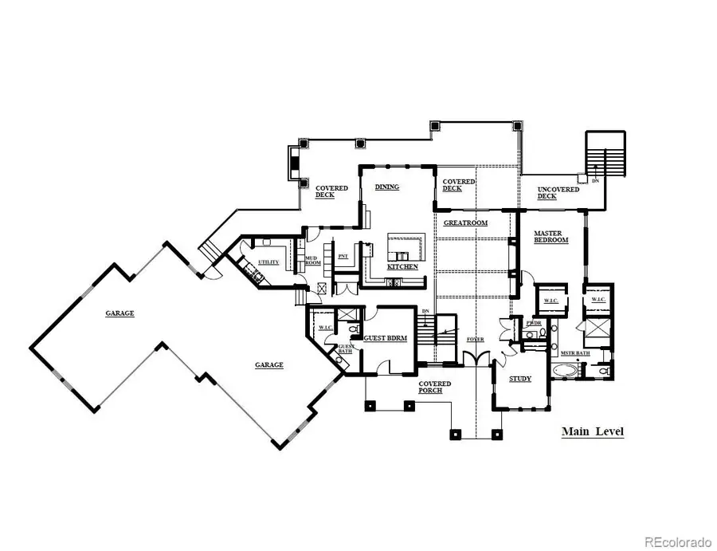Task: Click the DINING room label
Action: click(x=387, y=187)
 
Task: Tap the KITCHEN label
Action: click(x=402, y=266)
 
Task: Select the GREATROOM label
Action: click(x=465, y=222)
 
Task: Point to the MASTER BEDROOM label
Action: click(x=550, y=236)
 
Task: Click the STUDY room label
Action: click(x=520, y=378)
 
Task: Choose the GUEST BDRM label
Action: click(x=386, y=338)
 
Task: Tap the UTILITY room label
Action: click(x=268, y=262)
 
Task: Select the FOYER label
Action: click(x=476, y=340)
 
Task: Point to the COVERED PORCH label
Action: click(x=435, y=388)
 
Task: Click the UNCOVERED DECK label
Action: click(x=550, y=191)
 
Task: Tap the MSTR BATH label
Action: click(x=574, y=352)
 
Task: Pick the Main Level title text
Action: click(x=593, y=432)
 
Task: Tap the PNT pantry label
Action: click(x=343, y=256)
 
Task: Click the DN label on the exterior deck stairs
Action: click(x=595, y=181)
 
